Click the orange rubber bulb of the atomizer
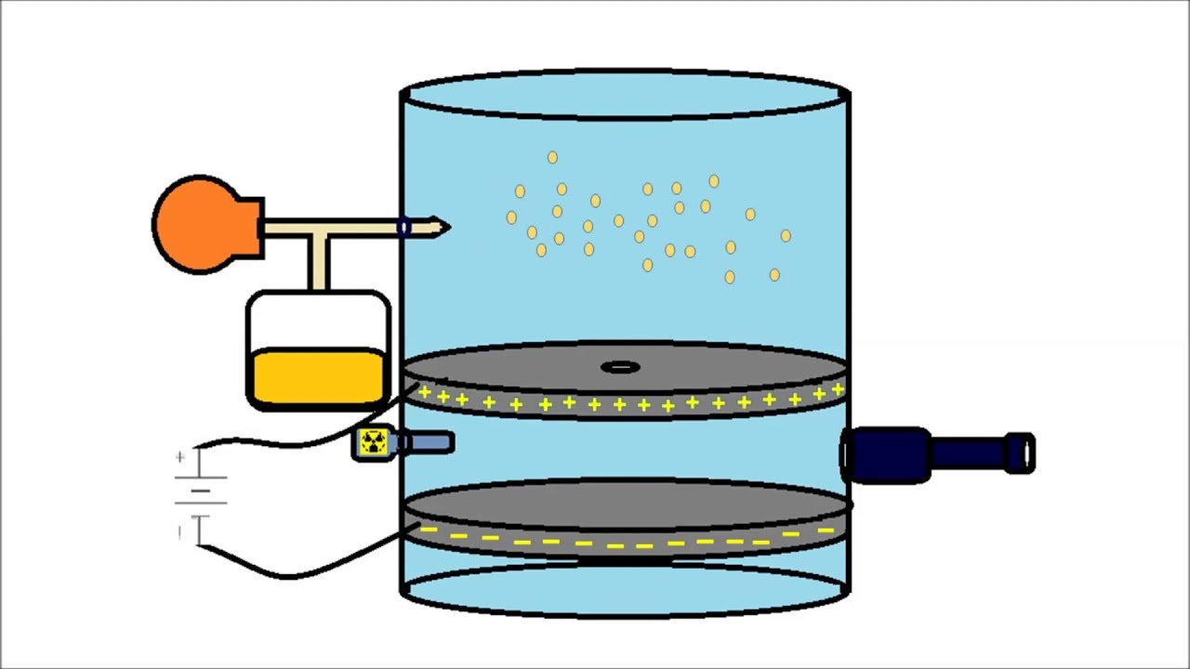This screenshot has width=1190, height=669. [199, 225]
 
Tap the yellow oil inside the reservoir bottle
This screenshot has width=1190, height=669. [316, 376]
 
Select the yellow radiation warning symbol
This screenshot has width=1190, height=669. [373, 443]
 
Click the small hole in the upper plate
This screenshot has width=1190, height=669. [620, 368]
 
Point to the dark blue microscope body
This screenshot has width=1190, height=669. [888, 454]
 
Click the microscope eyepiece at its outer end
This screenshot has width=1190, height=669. [1021, 453]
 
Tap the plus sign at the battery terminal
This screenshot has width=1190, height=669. [179, 457]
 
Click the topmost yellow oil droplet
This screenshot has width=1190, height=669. [552, 158]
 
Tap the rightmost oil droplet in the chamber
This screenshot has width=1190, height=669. [786, 236]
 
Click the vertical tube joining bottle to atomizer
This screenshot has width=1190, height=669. [319, 263]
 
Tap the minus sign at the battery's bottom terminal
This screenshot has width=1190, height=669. [179, 531]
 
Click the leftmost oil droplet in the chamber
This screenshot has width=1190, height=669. [511, 217]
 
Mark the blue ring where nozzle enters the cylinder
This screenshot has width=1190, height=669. [403, 227]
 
